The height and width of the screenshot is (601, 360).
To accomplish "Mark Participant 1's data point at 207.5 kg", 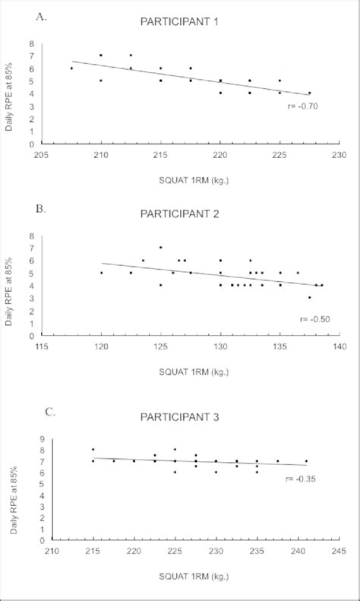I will (71, 68).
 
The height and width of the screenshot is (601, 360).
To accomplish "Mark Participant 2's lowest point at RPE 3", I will (309, 297).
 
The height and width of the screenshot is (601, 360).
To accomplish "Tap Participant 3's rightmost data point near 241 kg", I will (306, 460).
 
